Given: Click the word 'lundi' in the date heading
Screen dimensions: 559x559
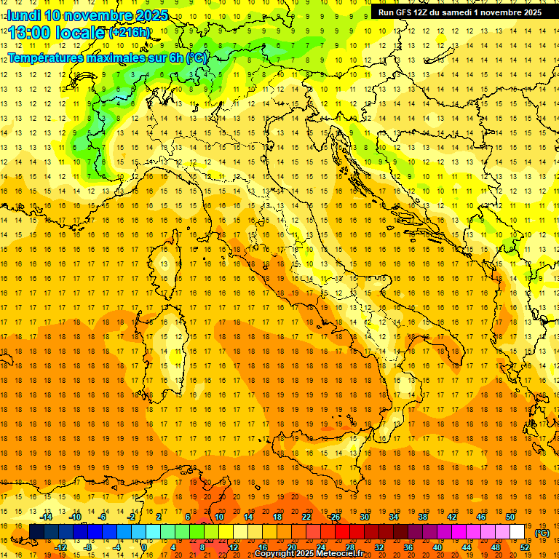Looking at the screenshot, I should (23, 15).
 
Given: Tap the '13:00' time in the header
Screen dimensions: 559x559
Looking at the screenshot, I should (33, 33).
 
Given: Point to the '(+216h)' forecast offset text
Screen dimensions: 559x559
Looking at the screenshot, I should (130, 33).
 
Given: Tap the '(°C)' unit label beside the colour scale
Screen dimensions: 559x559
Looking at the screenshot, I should (542, 533).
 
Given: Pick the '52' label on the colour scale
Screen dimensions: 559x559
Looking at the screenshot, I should (525, 547).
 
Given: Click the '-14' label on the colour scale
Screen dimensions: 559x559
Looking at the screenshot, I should (45, 517).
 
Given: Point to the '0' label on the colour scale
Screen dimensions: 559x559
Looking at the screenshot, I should (144, 547).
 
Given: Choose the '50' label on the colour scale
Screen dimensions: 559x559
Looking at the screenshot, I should (510, 517).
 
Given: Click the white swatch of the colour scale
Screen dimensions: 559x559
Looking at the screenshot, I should (517, 532).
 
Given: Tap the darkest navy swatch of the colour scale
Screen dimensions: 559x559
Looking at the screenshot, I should (36, 532).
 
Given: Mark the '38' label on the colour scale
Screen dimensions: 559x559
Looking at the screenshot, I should (423, 517).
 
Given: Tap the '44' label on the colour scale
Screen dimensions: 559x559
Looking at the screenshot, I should (467, 547).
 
